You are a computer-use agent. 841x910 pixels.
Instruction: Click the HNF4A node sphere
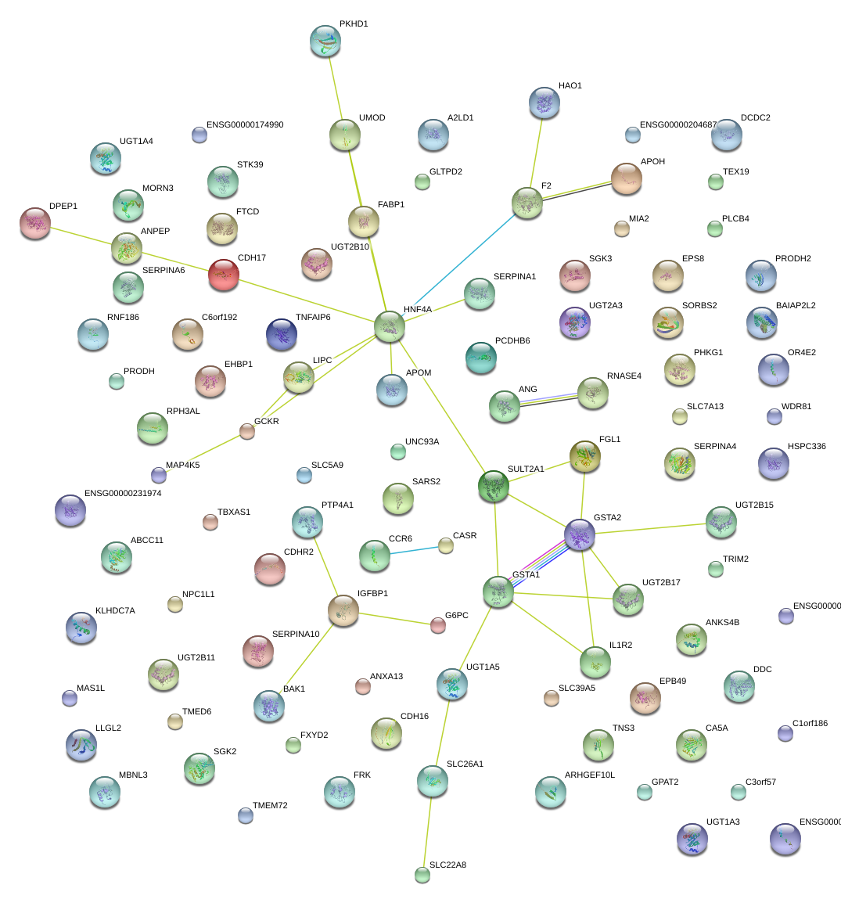(390, 326)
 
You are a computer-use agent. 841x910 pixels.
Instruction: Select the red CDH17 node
(224, 275)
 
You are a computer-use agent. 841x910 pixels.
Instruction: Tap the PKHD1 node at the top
(325, 41)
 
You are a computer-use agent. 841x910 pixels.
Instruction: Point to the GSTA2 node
(580, 535)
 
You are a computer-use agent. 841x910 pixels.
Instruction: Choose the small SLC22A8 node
(422, 875)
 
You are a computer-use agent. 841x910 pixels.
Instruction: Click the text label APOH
(652, 162)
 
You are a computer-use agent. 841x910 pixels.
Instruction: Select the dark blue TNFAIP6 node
(282, 334)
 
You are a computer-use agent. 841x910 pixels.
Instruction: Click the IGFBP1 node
(343, 610)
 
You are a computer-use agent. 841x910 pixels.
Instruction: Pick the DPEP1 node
(34, 223)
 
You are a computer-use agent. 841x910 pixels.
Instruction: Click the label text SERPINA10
(296, 634)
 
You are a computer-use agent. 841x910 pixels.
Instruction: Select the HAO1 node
(544, 103)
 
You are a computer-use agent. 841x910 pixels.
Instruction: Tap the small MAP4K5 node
(159, 475)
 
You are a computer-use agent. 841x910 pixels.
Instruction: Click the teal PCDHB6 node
(481, 358)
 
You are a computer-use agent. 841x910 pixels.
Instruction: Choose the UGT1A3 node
(692, 839)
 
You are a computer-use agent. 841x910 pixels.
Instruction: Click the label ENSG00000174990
(245, 125)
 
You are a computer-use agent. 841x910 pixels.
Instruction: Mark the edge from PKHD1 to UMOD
(335, 87)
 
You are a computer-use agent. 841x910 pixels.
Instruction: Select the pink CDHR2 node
(270, 570)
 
